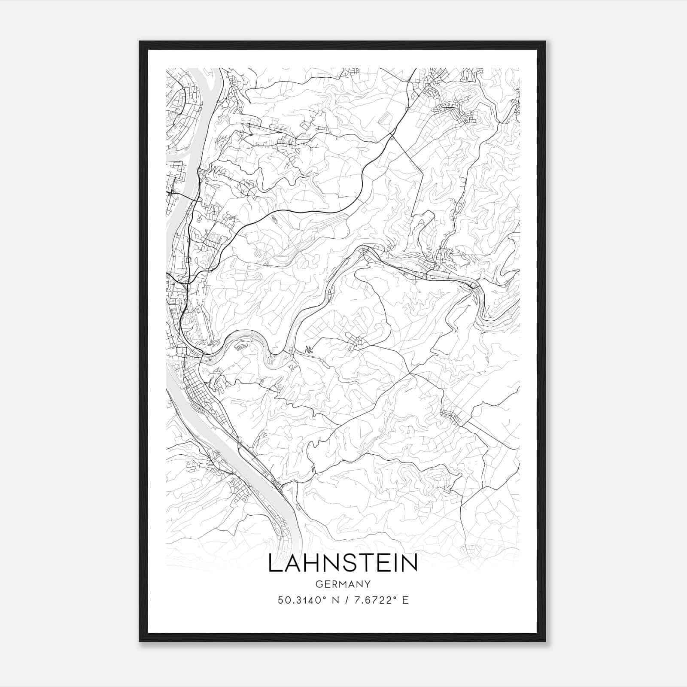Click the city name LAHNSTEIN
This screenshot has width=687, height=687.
tap(343, 563)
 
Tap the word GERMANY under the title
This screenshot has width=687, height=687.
tap(343, 584)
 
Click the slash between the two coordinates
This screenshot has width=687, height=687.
tap(343, 600)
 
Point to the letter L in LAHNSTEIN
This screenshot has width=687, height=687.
tap(274, 563)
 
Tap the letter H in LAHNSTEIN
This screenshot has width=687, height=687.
tap(312, 563)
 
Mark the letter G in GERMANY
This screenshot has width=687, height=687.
tap(318, 584)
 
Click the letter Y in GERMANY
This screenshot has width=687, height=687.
tap(368, 584)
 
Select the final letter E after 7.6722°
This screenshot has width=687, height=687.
tap(405, 600)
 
